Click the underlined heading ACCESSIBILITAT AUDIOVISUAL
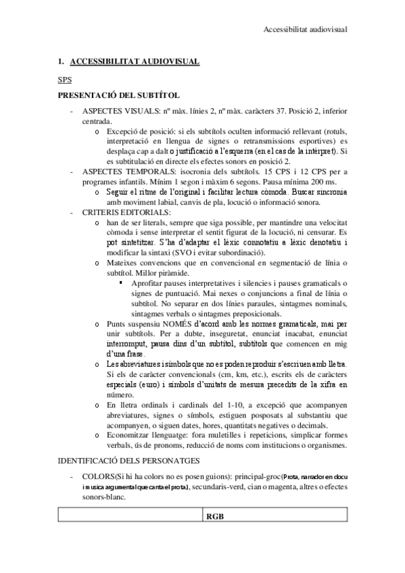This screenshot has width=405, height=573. (134, 61)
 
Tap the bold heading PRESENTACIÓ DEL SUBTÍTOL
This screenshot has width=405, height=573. (118, 95)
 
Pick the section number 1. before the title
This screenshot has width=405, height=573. (62, 61)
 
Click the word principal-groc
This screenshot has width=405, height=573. (243, 477)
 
